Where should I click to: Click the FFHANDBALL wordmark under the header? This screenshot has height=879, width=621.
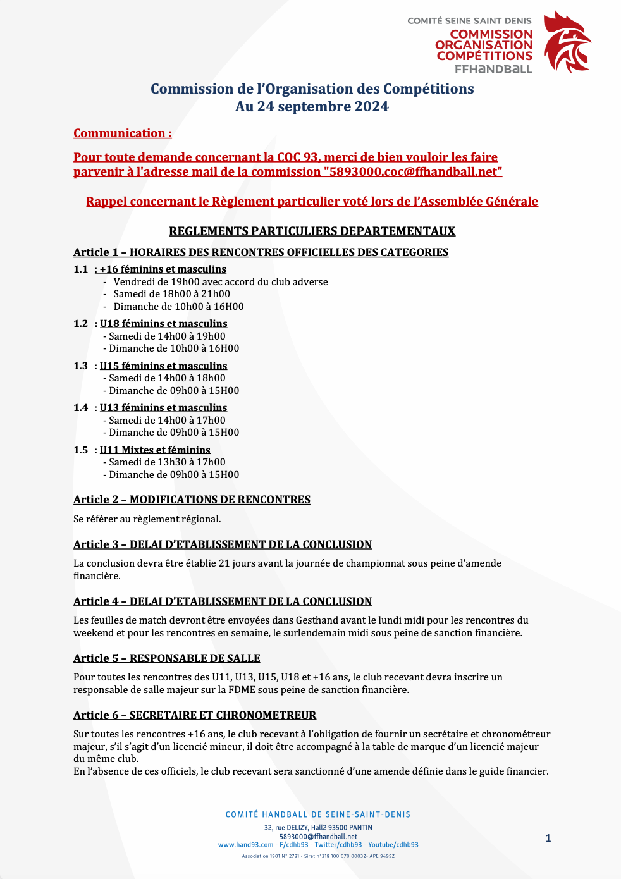tap(493, 69)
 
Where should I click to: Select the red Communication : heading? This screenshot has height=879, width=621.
tap(122, 133)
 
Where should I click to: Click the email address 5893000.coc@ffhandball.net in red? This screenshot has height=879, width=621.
tap(412, 172)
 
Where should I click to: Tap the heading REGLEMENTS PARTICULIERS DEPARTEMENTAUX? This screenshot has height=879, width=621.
tap(312, 231)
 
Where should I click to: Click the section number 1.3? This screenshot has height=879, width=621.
tap(80, 366)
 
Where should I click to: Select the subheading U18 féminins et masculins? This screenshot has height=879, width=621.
tap(163, 324)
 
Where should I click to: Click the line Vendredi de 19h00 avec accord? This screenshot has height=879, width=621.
tap(220, 282)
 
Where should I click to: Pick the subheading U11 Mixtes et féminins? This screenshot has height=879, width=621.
tap(155, 450)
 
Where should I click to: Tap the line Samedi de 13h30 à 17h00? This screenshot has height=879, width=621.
tap(166, 462)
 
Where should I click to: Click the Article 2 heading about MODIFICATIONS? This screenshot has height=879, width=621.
tap(192, 500)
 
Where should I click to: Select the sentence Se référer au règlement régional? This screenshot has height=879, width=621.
tap(147, 519)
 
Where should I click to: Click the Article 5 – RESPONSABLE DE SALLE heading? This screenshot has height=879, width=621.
tap(167, 658)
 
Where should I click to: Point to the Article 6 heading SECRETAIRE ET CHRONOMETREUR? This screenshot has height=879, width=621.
tap(195, 715)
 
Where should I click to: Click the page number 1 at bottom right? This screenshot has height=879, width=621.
tap(548, 839)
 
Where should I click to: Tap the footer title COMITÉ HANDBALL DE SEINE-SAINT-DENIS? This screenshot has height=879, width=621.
tap(318, 814)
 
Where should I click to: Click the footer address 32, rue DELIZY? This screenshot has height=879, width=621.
tap(318, 828)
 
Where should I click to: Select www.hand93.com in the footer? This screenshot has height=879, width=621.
tap(245, 845)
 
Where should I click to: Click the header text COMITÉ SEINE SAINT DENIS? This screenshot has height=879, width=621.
tap(469, 21)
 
